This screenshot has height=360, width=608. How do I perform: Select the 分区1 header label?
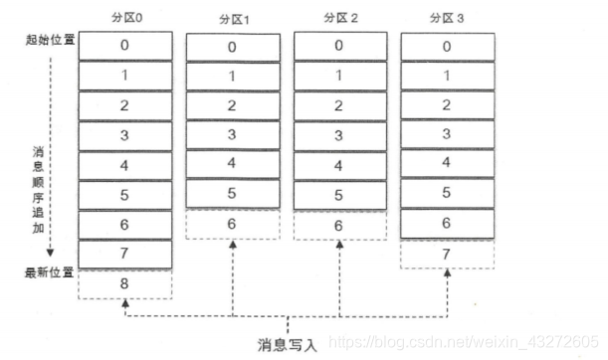[232, 21]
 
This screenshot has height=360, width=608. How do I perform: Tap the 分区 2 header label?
[339, 20]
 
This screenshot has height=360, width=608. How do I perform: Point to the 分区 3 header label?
[447, 20]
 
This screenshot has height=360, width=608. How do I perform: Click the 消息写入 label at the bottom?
[289, 345]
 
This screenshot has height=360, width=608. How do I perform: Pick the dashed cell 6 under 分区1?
[232, 225]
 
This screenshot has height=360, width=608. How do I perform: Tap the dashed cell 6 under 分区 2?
[339, 226]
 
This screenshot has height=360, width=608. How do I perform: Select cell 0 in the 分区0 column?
[125, 46]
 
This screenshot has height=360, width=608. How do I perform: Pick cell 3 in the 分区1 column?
[232, 134]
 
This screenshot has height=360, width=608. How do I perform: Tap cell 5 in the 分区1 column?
[232, 194]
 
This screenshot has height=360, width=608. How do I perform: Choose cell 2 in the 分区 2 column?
[339, 104]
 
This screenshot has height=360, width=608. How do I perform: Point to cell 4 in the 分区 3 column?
[447, 164]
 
